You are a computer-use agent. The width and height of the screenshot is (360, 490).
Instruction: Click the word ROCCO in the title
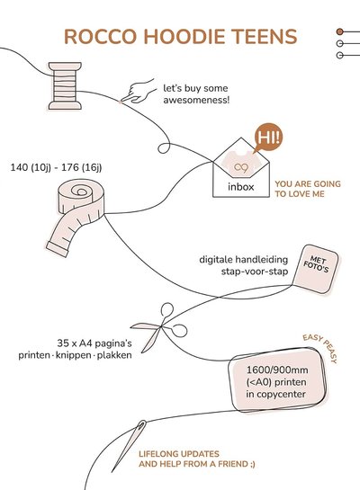click(100, 36)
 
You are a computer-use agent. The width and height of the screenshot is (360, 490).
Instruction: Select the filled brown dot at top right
click(339, 31)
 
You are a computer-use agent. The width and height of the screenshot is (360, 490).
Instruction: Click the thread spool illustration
click(65, 85)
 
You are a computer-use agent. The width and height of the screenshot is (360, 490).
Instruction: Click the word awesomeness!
click(196, 101)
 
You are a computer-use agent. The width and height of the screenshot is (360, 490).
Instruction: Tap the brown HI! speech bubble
click(268, 138)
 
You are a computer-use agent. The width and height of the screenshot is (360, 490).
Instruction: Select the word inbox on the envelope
click(241, 187)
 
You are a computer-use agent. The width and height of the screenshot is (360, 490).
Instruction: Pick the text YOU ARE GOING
click(308, 183)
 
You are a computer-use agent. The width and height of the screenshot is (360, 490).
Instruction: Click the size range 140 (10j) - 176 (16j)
click(56, 167)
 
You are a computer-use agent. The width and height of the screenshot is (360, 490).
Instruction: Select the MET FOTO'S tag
click(316, 269)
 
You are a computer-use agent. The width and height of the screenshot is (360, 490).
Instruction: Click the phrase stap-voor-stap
click(255, 272)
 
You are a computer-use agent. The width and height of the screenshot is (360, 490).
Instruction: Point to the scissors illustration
click(159, 327)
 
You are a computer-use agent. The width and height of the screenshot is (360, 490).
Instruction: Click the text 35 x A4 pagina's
click(94, 343)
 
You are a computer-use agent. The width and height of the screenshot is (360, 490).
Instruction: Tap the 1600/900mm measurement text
click(277, 370)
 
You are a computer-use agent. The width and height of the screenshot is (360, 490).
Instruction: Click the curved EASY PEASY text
click(320, 348)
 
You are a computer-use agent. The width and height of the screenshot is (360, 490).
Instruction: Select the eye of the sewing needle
click(141, 425)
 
